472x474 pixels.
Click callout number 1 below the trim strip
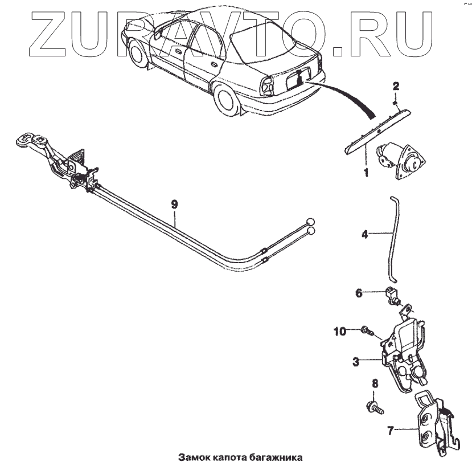click(366, 170)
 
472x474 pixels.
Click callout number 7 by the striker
click(391, 431)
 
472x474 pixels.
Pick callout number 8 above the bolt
click(375, 384)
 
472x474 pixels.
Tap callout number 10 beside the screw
click(340, 330)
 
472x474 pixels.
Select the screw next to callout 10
click(367, 330)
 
